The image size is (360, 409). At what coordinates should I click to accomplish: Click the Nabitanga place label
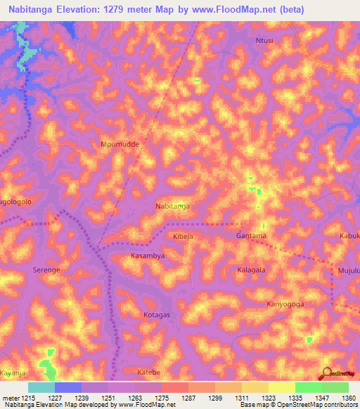click(173, 206)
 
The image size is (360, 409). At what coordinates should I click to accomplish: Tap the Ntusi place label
click(264, 41)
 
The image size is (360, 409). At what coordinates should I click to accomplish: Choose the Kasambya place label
click(148, 256)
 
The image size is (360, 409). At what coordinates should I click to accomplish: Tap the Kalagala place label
click(250, 270)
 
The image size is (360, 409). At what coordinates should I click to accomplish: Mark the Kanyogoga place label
click(285, 304)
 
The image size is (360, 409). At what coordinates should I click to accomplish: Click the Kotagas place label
click(157, 315)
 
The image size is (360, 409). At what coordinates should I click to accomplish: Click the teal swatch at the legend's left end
click(41, 387)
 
